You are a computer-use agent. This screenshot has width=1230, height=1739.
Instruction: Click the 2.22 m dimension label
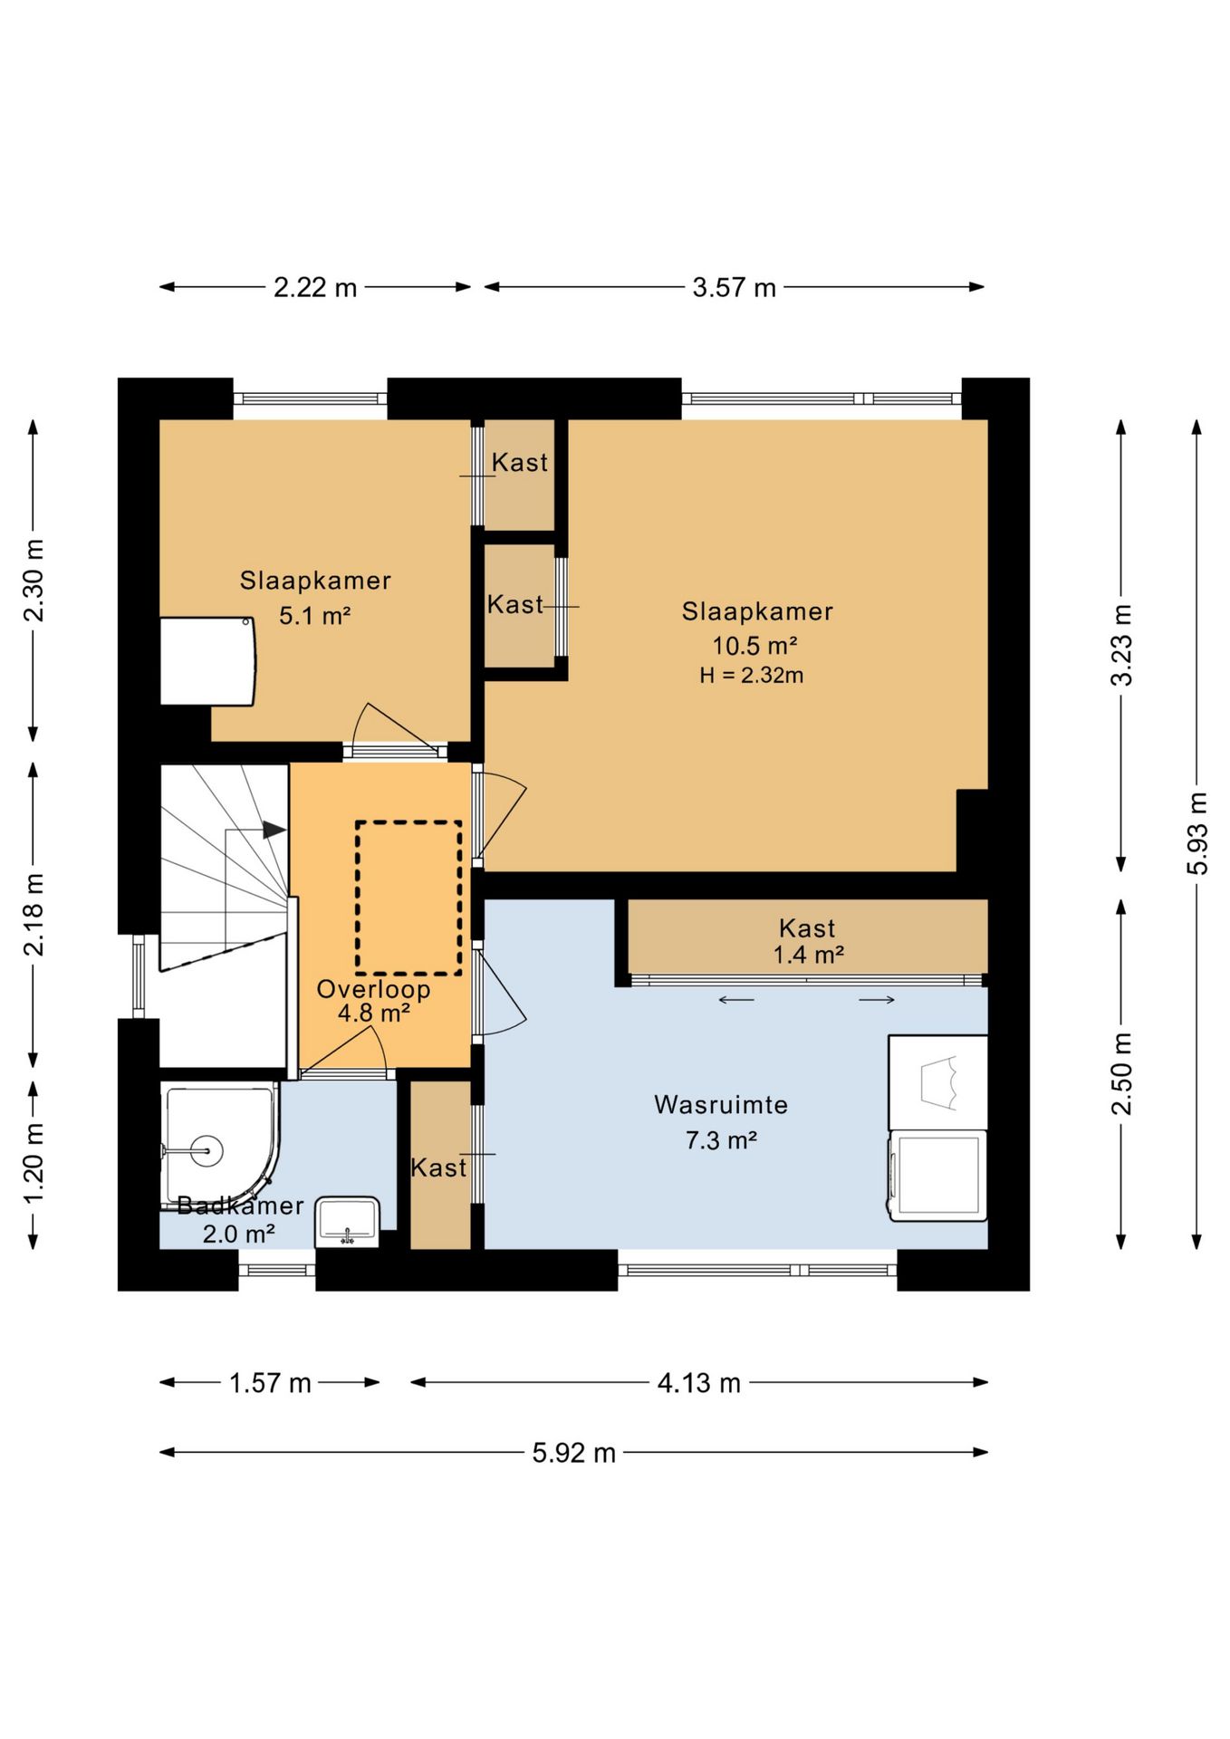[315, 288]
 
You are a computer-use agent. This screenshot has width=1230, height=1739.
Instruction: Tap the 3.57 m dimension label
[734, 288]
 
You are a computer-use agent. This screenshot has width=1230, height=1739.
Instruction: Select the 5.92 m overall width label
[573, 1453]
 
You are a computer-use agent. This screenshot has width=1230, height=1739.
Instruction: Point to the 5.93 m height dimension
[1197, 833]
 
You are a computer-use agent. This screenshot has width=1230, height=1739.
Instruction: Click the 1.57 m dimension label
[270, 1383]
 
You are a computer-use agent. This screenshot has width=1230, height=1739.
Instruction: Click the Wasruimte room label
[721, 1105]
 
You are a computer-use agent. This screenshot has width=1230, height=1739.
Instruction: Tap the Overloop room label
[373, 989]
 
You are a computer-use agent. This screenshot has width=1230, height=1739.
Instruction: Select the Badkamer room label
[240, 1206]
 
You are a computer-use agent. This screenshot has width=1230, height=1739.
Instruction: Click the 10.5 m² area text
[754, 646]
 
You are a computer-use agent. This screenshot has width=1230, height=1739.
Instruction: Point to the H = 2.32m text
[751, 675]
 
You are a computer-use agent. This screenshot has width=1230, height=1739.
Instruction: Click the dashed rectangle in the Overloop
[408, 898]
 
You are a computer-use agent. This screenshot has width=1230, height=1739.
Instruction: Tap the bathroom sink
[347, 1222]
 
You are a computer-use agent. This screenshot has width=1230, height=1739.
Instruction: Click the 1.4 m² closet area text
[808, 955]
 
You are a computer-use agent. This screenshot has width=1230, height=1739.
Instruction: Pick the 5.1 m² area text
[314, 616]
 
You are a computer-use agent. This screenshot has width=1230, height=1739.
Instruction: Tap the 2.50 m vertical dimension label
[1121, 1074]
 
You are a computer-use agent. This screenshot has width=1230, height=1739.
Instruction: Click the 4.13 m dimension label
[698, 1383]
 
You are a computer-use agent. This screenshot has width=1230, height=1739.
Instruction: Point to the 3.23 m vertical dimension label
[1121, 645]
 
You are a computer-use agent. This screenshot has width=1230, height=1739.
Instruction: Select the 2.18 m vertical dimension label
[34, 915]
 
